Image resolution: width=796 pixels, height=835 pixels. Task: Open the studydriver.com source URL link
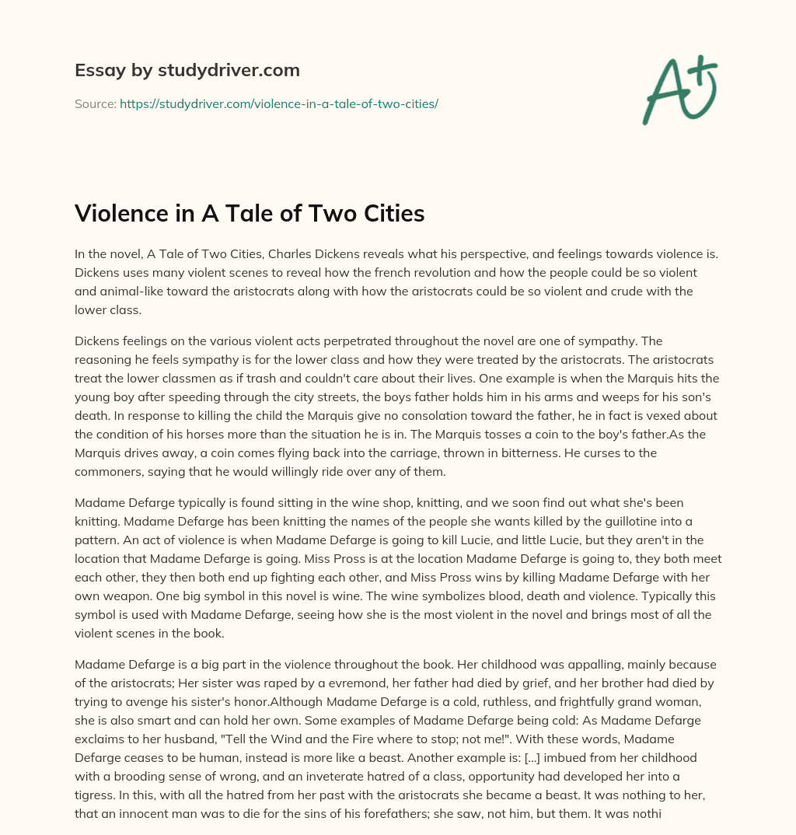click(279, 103)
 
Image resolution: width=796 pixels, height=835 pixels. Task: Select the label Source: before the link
click(96, 103)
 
